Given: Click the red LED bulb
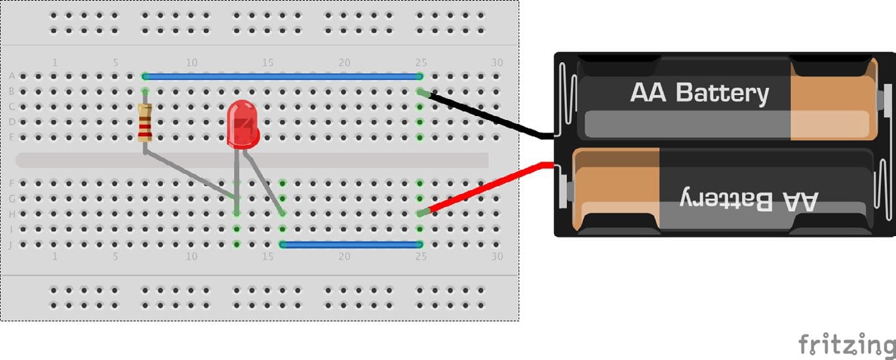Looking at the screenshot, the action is [243, 125].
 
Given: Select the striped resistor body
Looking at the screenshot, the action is [145, 123].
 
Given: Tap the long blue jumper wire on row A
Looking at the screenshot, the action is [282, 77].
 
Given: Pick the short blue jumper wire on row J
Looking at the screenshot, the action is [351, 245].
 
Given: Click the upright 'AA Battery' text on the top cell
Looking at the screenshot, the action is [699, 93].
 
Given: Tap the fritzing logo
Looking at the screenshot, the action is [847, 344].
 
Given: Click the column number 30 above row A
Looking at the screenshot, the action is [497, 63].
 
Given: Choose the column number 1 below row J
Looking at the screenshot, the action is [55, 256].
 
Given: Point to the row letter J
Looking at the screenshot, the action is [11, 245].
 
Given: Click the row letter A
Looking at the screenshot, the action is [12, 76].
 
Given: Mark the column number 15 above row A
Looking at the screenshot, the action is [267, 63].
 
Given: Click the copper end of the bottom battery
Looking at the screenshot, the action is [616, 190].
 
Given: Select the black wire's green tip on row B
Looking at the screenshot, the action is [423, 93].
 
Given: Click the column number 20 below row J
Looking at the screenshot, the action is [344, 256].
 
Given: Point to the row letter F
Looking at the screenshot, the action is [12, 184].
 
